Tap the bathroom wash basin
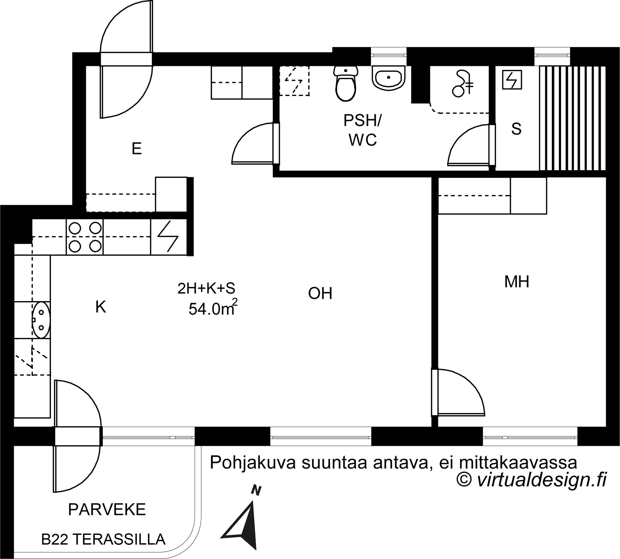tap(388, 78)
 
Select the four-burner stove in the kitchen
tap(85, 237)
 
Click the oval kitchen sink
tap(41, 320)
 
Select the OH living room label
tap(320, 293)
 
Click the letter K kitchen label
tap(101, 307)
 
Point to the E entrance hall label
tap(136, 149)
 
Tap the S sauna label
tap(516, 129)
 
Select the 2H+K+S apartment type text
tap(206, 288)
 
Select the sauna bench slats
tap(572, 118)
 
